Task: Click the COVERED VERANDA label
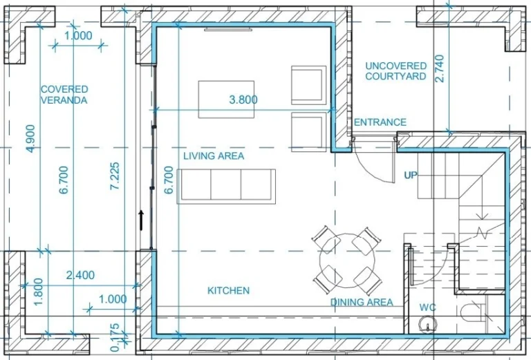pyautogui.click(x=64, y=95)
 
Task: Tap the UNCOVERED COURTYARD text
pyautogui.click(x=395, y=70)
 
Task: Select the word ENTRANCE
pyautogui.click(x=380, y=122)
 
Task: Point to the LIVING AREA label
pyautogui.click(x=214, y=156)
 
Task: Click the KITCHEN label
pyautogui.click(x=228, y=291)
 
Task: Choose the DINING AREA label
pyautogui.click(x=362, y=302)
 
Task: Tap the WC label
pyautogui.click(x=427, y=307)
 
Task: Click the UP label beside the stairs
pyautogui.click(x=411, y=176)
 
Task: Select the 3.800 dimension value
pyautogui.click(x=243, y=100)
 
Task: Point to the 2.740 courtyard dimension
pyautogui.click(x=440, y=68)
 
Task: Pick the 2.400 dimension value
pyautogui.click(x=80, y=275)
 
